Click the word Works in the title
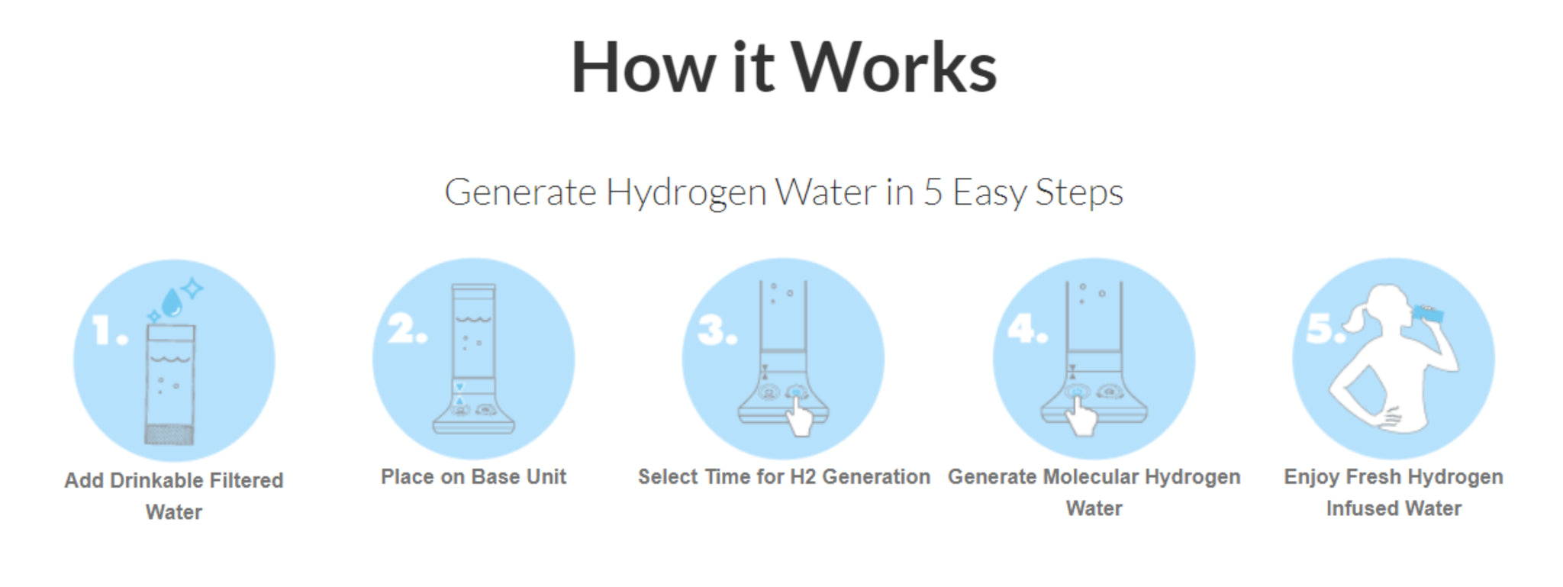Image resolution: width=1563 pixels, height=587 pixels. (894, 68)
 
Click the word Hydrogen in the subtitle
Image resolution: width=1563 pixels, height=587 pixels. (686, 193)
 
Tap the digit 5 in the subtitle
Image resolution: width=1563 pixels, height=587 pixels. (933, 192)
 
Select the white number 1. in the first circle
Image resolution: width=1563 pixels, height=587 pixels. (110, 331)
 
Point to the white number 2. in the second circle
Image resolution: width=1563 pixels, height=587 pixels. (407, 329)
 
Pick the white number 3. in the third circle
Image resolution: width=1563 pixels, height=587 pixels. (717, 330)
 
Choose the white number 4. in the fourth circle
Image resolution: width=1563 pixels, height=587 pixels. (1027, 328)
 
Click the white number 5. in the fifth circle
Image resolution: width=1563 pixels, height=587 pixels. (1326, 328)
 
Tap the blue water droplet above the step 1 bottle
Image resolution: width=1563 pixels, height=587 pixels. (172, 302)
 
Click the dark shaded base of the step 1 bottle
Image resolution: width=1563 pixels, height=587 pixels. (169, 434)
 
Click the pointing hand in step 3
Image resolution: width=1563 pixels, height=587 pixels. (799, 415)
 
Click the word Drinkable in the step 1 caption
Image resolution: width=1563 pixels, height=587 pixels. (157, 480)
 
